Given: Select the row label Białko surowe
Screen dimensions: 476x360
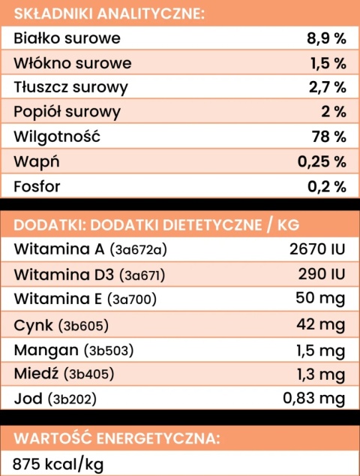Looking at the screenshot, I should click(x=67, y=38).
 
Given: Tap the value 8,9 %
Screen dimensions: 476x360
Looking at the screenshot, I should click(x=326, y=38).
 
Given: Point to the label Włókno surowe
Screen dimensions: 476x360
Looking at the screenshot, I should click(x=73, y=63).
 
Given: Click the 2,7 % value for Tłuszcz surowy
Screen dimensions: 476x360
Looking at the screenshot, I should click(x=327, y=88).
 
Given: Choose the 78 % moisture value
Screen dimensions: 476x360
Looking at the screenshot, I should click(x=329, y=137).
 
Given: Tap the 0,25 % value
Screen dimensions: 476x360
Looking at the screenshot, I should click(x=322, y=161).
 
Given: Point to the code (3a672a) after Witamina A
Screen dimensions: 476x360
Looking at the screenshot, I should click(x=148, y=250).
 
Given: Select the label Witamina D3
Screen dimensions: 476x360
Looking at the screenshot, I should click(x=61, y=275).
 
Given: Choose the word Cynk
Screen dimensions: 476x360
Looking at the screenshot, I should click(x=34, y=325).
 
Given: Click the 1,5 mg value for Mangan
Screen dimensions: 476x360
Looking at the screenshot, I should click(x=320, y=350).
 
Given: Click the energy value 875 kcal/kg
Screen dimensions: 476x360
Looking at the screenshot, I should click(x=57, y=462).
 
